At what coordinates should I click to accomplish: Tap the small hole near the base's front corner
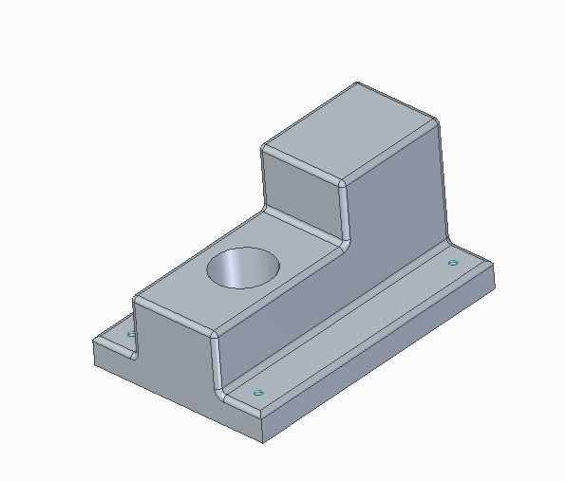[256, 391]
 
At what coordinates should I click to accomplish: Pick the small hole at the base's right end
[453, 262]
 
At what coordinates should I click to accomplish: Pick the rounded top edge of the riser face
[304, 161]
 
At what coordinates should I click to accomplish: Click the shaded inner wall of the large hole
[228, 269]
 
